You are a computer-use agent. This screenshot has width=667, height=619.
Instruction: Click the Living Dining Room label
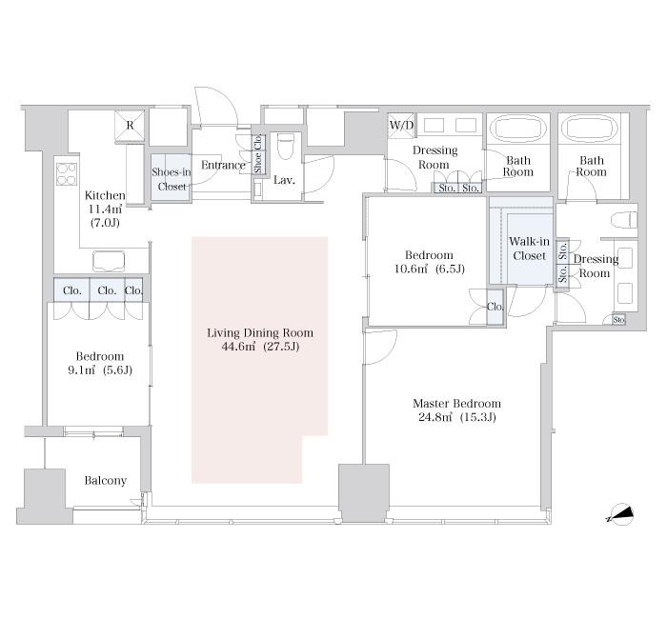260,333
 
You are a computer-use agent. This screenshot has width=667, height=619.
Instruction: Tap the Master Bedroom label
456,404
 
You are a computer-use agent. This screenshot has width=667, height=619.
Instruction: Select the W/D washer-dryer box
401,126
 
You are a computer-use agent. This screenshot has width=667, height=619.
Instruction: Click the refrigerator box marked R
130,125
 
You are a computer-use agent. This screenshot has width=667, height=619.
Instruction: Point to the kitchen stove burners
67,174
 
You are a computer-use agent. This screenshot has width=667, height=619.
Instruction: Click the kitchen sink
109,261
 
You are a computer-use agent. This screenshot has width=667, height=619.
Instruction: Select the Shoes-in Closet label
172,179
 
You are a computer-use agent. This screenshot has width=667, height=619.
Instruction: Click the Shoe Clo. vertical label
258,154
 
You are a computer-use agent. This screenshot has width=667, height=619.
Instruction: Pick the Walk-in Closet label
529,249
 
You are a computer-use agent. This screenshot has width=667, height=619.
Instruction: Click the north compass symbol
621,514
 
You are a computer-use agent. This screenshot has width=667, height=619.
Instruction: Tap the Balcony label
106,480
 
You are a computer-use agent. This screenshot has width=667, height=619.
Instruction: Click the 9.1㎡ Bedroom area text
100,370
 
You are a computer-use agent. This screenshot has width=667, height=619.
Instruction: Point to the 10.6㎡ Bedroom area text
429,270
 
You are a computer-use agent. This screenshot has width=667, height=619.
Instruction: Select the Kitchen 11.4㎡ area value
105,210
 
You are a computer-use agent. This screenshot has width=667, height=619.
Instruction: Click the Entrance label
223,165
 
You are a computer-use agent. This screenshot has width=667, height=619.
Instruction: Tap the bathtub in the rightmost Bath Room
589,129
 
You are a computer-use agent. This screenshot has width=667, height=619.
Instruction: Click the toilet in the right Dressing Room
624,220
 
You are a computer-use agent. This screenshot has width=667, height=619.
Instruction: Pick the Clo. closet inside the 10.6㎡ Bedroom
495,307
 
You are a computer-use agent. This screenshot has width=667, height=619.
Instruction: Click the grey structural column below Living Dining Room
364,492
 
